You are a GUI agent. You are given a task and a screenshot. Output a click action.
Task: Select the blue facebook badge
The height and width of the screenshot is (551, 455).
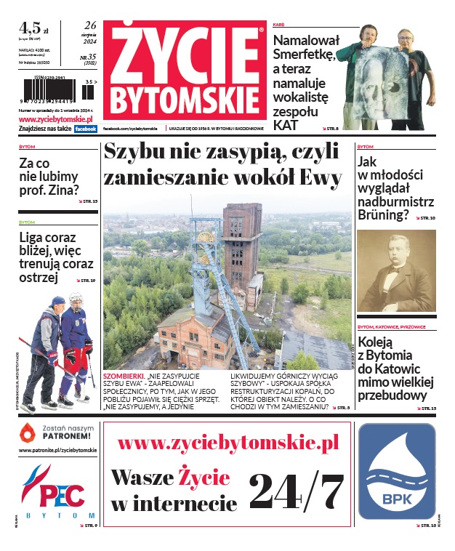(x=86, y=129)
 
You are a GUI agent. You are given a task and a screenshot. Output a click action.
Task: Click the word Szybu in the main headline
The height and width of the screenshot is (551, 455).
(x=133, y=153)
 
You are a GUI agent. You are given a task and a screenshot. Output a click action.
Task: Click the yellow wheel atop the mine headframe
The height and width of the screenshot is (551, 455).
(x=206, y=237)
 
